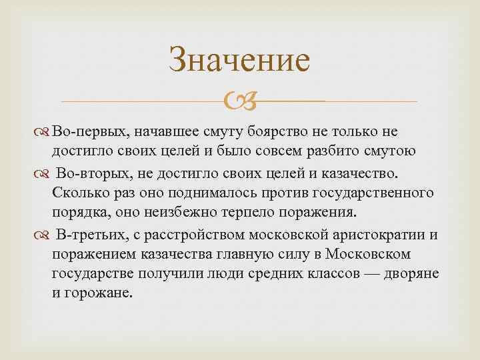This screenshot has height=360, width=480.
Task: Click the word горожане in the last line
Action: (99, 294)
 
